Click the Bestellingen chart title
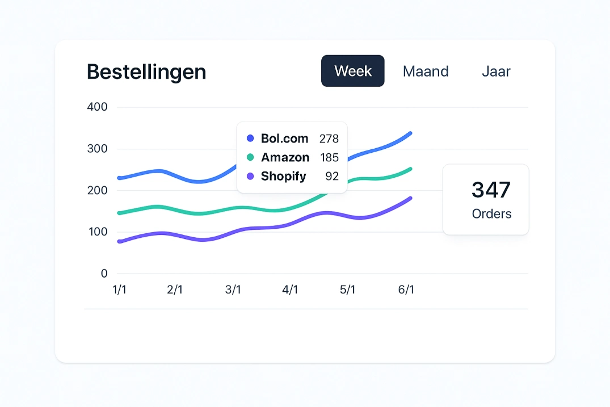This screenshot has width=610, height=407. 146,72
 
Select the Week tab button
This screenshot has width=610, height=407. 353,71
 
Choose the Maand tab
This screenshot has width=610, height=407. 426,72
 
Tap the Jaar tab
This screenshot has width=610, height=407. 496,72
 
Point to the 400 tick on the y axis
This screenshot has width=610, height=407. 97,107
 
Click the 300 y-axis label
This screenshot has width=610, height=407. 97,149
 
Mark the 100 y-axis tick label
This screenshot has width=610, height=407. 97,232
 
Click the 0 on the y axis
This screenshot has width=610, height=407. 104,274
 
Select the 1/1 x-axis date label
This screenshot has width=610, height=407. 120,290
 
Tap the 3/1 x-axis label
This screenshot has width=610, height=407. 233,290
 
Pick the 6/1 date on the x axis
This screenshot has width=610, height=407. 406,290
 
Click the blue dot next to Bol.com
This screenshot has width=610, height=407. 250,139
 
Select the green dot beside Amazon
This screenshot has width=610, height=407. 250,157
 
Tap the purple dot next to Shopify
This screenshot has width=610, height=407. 250,177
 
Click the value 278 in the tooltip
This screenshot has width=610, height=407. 329,139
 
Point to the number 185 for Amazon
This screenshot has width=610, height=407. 329,157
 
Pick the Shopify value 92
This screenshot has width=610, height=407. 332,177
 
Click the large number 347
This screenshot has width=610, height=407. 491,190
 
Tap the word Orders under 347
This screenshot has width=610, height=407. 491,214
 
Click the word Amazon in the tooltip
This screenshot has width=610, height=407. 285,157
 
